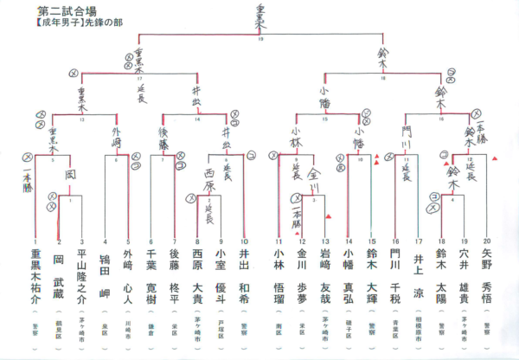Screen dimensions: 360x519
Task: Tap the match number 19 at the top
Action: (x=260, y=39)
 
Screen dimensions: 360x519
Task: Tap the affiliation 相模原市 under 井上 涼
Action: (x=418, y=327)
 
